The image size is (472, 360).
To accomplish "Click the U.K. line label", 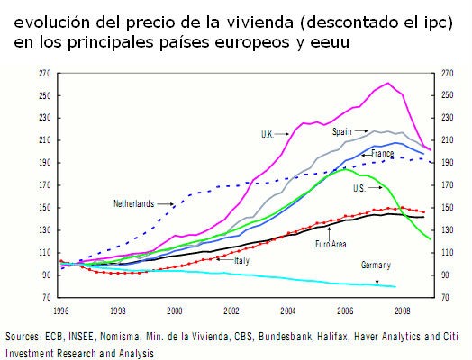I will tap(267, 134).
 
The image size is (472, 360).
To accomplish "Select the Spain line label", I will tap(341, 130).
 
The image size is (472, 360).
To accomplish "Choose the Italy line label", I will tap(241, 260).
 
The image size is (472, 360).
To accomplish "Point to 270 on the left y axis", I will tap(43, 73).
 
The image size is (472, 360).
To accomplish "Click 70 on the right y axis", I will tap(445, 297).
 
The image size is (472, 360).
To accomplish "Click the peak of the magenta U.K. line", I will tap(387, 84).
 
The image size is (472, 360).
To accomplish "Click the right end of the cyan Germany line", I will tap(396, 286).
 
